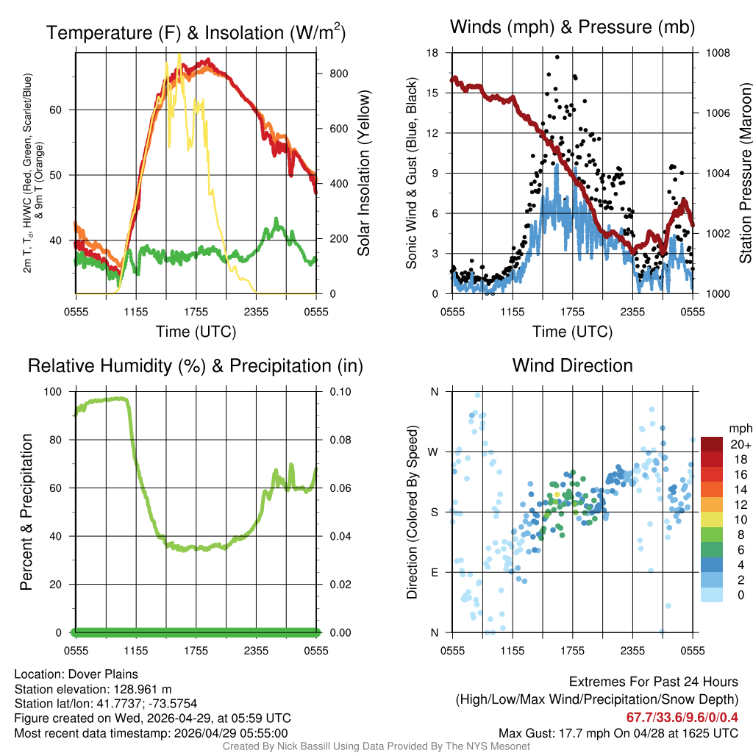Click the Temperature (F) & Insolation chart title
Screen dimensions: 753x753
(196, 32)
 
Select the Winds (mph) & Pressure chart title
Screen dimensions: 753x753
(572, 27)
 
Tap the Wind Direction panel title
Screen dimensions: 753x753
(572, 365)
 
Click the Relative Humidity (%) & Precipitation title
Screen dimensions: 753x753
(195, 365)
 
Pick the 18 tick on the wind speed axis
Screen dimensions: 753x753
(433, 53)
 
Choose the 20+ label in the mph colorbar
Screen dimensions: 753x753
(740, 445)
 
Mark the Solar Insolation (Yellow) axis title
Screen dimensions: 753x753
(364, 174)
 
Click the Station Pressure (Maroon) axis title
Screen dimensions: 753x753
(745, 174)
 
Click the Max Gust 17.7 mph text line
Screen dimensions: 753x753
(618, 733)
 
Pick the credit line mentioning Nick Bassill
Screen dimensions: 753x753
(376, 746)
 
